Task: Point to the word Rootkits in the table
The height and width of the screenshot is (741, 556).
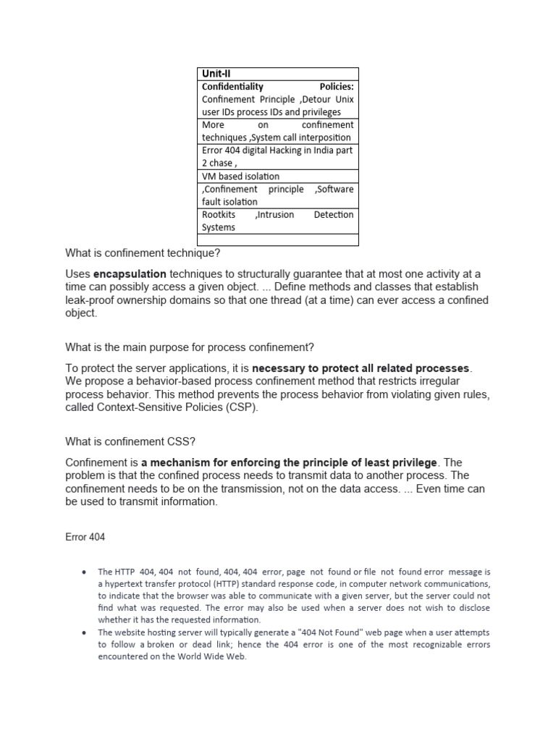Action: click(x=219, y=214)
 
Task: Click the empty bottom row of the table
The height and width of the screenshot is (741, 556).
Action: click(x=277, y=240)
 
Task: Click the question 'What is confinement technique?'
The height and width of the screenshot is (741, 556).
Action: click(x=142, y=253)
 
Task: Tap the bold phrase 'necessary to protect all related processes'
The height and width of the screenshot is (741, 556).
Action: click(x=361, y=368)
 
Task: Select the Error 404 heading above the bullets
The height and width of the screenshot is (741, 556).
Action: click(x=85, y=538)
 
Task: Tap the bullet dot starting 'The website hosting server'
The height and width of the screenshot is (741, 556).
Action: click(x=85, y=632)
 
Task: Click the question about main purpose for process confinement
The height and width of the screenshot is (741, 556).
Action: click(x=190, y=347)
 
